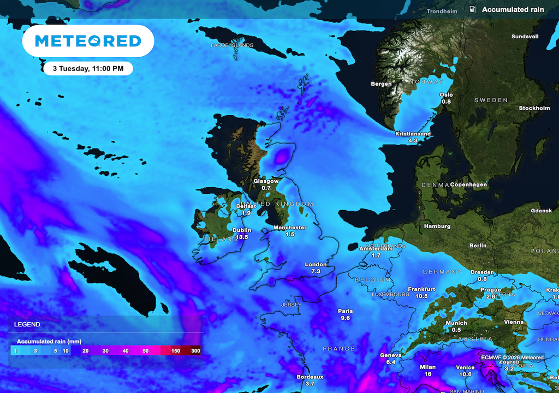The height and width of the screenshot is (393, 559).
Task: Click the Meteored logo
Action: (88, 41)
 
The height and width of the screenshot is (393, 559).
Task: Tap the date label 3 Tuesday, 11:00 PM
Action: (87, 69)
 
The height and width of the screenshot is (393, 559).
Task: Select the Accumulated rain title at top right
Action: (513, 10)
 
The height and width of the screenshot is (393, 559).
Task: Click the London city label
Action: (316, 264)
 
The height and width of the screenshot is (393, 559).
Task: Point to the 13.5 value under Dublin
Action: (242, 237)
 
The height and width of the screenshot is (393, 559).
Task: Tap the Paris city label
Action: (345, 311)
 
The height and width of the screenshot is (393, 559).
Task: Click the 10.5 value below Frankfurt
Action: (421, 296)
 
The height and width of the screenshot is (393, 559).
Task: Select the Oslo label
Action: (446, 94)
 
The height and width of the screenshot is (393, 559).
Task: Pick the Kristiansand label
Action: (413, 134)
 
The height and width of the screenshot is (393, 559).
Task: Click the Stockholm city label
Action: (534, 108)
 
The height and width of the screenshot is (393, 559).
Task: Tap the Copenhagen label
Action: (468, 184)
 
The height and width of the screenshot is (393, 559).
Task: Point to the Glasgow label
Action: (266, 181)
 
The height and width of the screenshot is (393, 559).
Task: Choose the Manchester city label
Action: (290, 228)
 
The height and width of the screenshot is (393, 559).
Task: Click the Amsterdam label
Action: (376, 248)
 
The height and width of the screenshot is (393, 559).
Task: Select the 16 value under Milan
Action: (428, 374)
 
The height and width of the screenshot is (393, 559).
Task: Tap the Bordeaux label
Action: (310, 377)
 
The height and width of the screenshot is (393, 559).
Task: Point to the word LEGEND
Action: (27, 324)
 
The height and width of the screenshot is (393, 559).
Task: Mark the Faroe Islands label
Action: (232, 45)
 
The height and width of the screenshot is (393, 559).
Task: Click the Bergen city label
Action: (381, 84)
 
